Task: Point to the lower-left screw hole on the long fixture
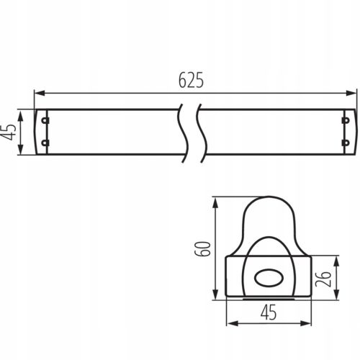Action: (x=45, y=143)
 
